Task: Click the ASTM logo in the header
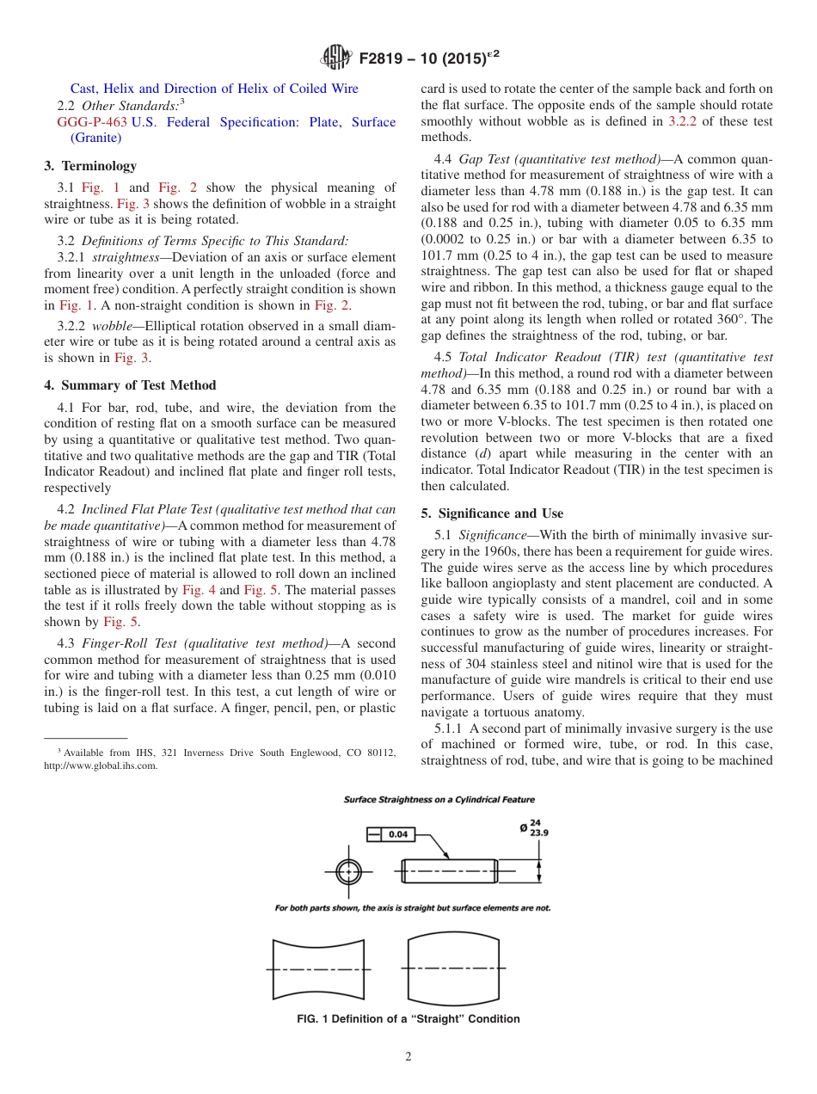335,58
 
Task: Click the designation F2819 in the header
383,58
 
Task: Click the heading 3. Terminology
90,165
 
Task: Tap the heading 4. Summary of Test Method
130,385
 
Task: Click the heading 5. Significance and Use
492,513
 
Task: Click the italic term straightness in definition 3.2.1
124,257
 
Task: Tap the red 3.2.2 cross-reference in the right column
683,121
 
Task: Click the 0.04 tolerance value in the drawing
397,833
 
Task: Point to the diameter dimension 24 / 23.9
531,827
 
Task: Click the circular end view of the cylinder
348,870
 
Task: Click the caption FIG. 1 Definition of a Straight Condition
408,1019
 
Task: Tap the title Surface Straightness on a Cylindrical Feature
439,800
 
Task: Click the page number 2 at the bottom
408,1057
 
